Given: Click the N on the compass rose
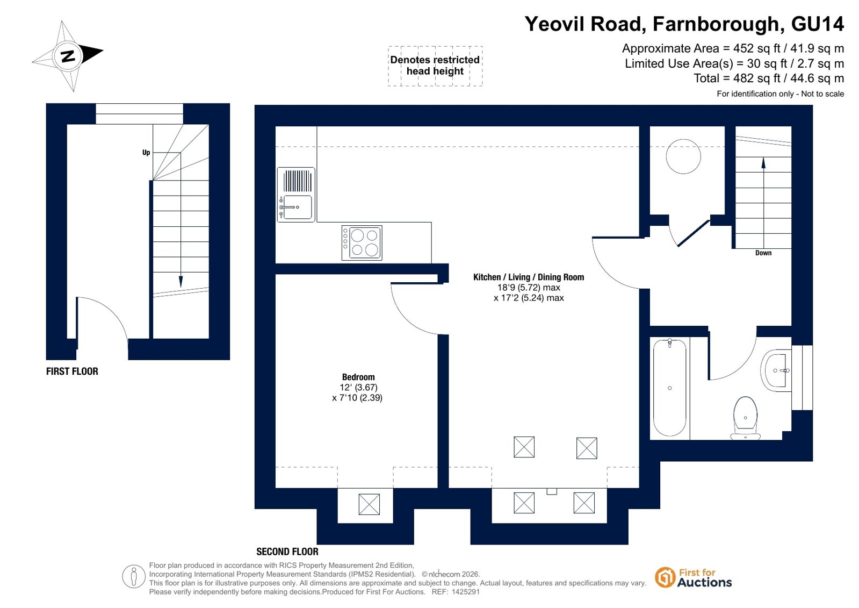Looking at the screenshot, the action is [68, 56].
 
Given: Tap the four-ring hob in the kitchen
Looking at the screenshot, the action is [362, 242].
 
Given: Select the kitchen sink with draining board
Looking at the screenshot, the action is [296, 195].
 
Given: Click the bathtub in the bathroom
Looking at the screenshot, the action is [669, 388].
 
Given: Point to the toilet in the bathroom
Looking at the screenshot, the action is [745, 418].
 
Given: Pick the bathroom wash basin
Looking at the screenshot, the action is [776, 370].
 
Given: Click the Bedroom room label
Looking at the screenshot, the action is [358, 377].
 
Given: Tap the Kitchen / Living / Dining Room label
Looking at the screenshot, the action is [529, 277].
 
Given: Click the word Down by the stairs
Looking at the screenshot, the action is [763, 253].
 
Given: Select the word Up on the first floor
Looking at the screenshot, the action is [146, 152].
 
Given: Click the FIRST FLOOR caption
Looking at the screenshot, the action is [72, 371].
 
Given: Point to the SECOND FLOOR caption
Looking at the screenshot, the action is [287, 552].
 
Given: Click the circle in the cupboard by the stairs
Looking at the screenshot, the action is [683, 156].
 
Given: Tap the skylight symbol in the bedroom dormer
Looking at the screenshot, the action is [369, 504].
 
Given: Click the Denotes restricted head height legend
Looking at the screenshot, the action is [435, 66].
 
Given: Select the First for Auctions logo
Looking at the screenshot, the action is [693, 578].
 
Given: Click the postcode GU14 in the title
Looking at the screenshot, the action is [817, 24].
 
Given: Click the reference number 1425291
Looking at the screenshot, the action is [466, 592].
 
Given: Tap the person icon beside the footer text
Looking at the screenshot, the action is [133, 576].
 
